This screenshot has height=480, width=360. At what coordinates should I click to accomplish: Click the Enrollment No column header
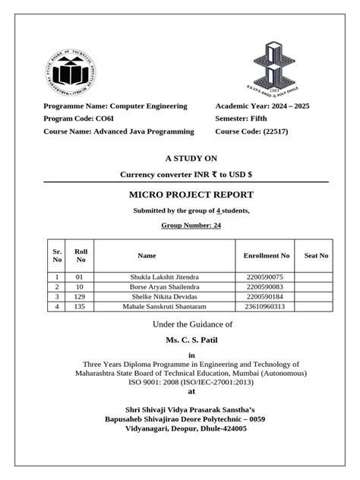pos(267,256)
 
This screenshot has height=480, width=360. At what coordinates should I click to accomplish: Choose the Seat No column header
pos(315,256)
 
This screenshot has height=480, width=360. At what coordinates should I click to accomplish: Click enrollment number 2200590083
pos(265,287)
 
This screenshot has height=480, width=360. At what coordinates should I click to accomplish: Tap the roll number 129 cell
pos(80,296)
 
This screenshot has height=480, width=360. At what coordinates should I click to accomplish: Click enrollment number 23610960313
pos(265,306)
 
